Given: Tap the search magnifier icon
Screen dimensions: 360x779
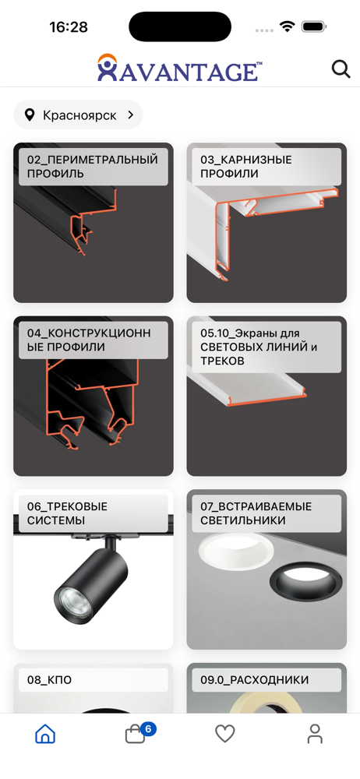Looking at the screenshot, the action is pos(341,69).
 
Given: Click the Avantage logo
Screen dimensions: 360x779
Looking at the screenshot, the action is pos(179,68).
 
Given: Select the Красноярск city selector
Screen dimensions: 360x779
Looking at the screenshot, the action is pos(78,115).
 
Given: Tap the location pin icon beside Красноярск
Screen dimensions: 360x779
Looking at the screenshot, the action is pos(30,115).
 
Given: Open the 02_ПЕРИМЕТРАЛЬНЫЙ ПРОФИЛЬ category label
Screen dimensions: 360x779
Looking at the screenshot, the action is pos(93,167).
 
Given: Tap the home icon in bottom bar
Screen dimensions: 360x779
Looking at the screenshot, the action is pos(45,733).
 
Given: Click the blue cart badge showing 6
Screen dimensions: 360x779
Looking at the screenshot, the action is pos(148,729).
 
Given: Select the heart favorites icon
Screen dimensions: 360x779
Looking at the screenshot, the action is pos(224,734).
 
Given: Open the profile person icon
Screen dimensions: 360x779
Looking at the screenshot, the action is pos(315,733).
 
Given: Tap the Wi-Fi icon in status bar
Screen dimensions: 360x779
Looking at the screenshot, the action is pos(287,26).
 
